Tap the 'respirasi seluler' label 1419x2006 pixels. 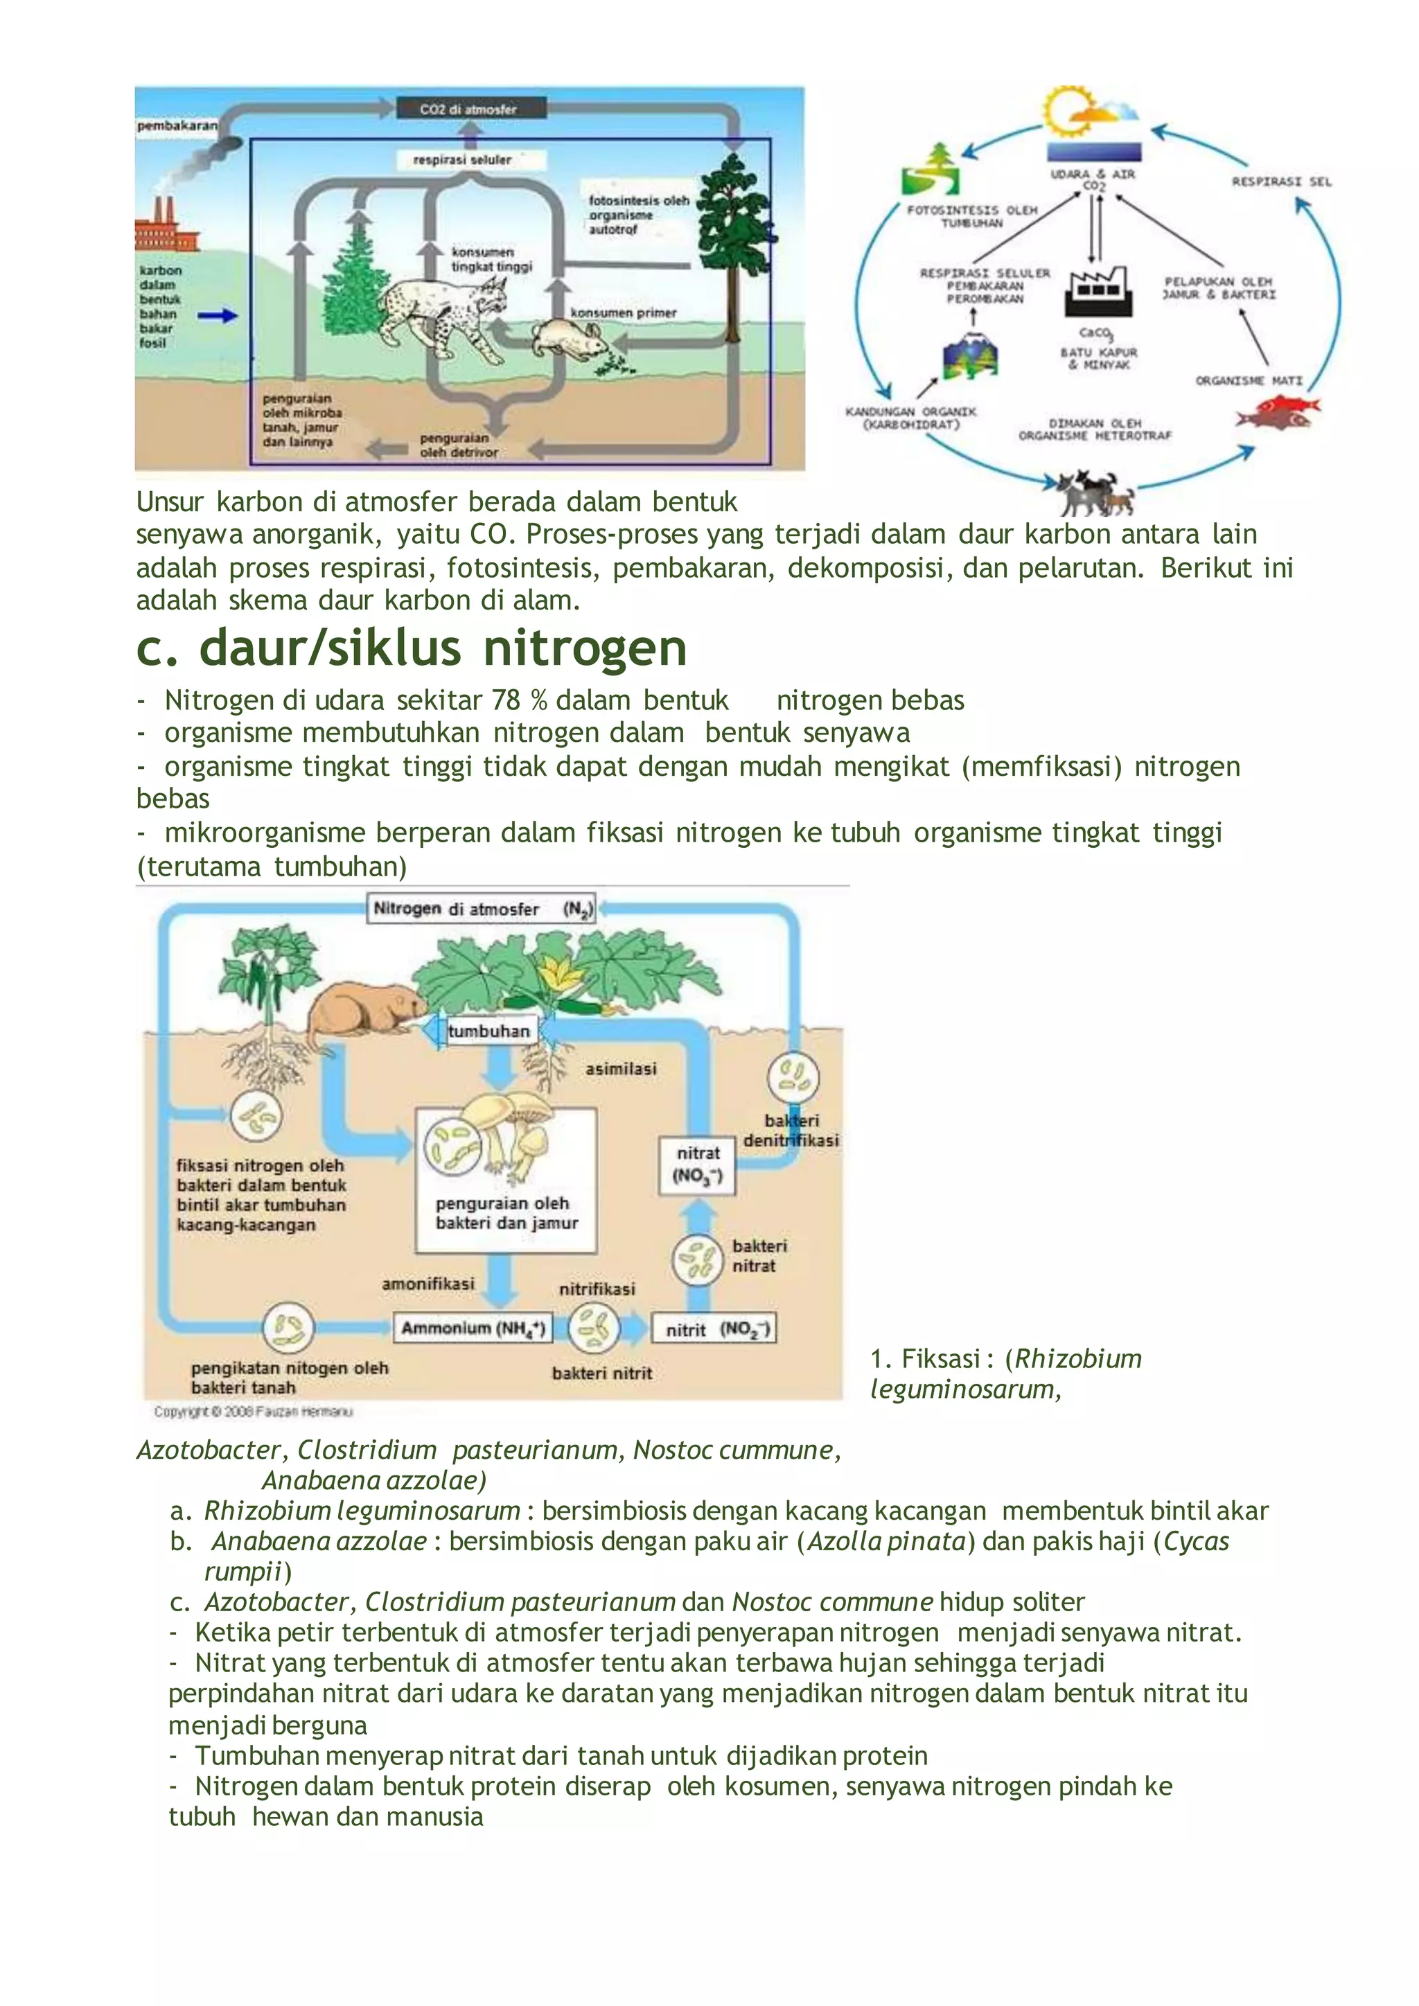462,160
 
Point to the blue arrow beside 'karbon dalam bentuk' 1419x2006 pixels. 218,315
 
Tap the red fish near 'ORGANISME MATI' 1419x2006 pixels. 1276,411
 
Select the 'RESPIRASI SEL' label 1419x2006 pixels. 1281,181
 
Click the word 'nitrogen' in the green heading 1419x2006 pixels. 585,649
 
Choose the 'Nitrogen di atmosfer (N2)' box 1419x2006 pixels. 482,909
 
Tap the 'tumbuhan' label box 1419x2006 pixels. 488,1031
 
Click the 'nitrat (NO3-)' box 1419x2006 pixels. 697,1164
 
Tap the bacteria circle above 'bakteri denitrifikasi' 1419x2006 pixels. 793,1076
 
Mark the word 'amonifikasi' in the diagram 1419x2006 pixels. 428,1284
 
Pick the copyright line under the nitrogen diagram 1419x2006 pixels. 254,1411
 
